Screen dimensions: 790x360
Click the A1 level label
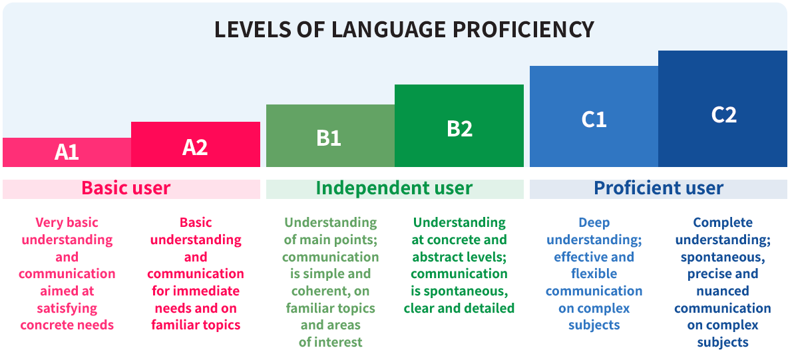tap(67, 152)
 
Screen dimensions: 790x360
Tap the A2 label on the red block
tap(195, 147)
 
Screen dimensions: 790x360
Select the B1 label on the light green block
tap(329, 138)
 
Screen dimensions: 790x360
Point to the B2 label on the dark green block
tap(459, 129)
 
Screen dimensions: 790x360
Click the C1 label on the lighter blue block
tap(594, 119)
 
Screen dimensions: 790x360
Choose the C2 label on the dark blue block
tap(724, 115)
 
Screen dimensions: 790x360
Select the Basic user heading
tap(126, 188)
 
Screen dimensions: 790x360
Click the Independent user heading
tap(395, 188)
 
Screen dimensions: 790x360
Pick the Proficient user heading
tap(658, 188)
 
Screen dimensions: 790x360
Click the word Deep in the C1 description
tap(594, 222)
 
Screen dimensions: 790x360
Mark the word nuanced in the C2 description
tap(723, 291)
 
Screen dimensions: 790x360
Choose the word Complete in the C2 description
tap(723, 222)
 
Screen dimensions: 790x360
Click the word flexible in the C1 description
tap(594, 274)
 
